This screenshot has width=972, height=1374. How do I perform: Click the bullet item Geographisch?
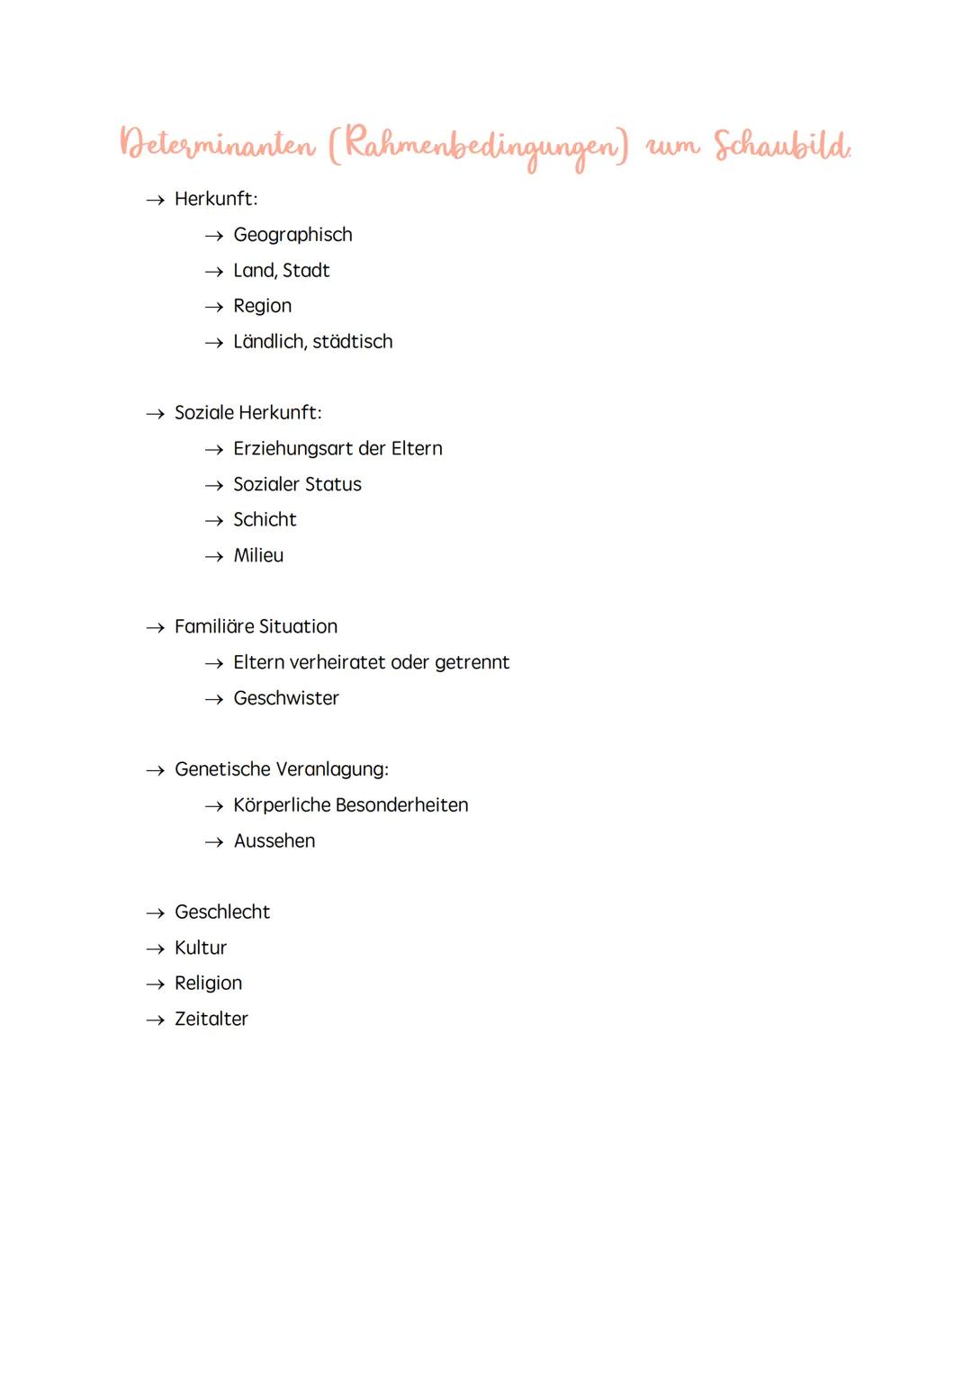292,235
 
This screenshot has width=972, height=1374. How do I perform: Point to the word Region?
262,306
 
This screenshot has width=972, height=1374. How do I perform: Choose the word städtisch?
352,342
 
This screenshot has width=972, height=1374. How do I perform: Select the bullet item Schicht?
265,520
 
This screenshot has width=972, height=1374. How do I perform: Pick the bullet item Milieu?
258,556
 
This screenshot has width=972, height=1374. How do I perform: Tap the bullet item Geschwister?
286,698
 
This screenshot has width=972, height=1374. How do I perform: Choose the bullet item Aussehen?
274,841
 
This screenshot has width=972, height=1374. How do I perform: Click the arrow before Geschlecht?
156,913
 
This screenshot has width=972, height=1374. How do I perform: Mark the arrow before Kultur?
156,949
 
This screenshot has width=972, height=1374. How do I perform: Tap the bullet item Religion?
208,983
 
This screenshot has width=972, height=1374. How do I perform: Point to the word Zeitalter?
211,1019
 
